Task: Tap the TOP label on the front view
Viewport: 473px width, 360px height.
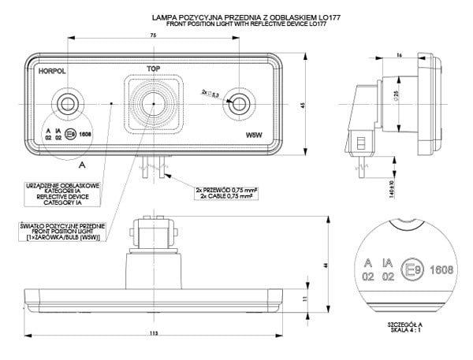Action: pos(152,69)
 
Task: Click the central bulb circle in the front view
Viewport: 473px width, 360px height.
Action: pos(151,102)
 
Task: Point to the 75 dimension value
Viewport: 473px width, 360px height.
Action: pos(151,36)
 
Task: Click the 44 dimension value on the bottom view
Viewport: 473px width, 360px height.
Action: pos(325,266)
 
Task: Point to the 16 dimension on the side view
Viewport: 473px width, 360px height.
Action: pos(400,54)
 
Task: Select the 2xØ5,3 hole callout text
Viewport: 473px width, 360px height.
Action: pos(211,93)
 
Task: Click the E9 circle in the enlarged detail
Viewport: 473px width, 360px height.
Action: pos(411,269)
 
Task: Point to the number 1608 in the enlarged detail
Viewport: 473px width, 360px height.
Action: pos(441,269)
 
